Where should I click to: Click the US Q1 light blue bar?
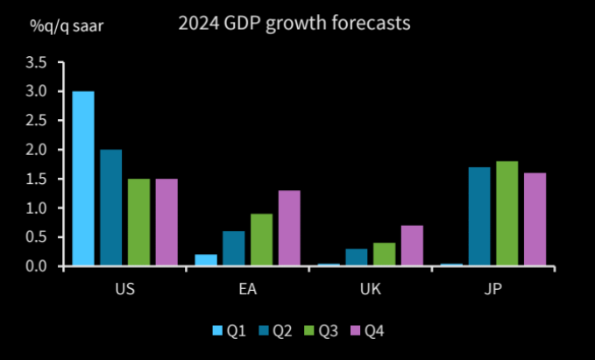(x=83, y=178)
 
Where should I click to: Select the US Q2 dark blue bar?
(x=110, y=208)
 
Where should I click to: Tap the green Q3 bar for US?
(x=138, y=222)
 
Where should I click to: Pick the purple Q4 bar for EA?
(x=288, y=228)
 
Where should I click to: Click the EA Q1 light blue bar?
(x=206, y=260)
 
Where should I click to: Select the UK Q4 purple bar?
(x=412, y=245)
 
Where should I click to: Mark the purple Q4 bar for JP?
(x=535, y=219)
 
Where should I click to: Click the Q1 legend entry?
(x=228, y=330)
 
